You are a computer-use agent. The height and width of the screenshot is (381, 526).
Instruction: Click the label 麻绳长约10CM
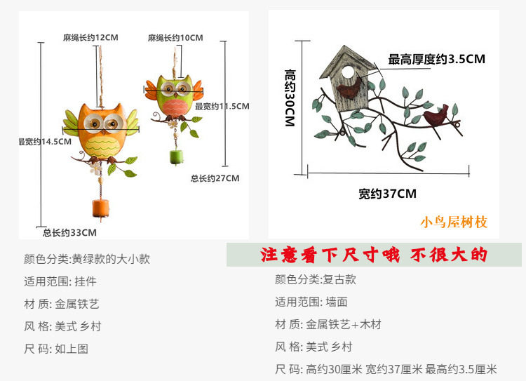tap(175, 37)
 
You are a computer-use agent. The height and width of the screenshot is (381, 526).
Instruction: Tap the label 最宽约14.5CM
tap(46, 141)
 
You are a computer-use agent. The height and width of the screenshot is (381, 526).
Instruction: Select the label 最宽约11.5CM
tap(222, 106)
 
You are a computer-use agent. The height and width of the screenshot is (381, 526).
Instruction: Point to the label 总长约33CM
tap(69, 232)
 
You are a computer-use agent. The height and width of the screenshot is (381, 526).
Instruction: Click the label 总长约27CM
tap(215, 178)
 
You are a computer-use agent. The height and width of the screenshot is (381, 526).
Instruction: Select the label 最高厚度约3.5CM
tap(436, 59)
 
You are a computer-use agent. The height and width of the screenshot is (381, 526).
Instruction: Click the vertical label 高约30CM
tap(290, 98)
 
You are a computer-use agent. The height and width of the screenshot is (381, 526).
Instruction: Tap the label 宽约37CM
tap(387, 193)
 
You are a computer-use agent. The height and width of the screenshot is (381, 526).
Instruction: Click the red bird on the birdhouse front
tap(348, 89)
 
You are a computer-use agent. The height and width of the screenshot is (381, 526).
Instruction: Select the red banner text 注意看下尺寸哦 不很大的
tap(374, 254)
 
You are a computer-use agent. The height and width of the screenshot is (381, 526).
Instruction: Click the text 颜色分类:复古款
tap(315, 279)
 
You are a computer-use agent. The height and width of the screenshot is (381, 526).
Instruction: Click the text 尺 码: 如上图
tap(56, 348)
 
